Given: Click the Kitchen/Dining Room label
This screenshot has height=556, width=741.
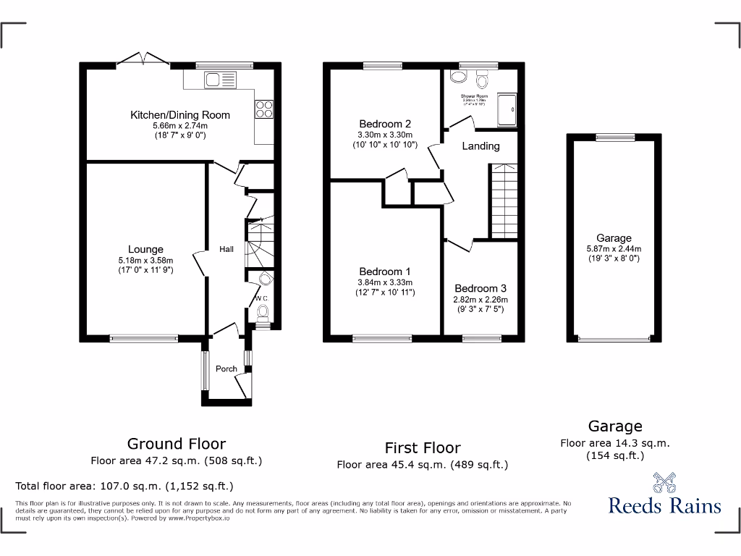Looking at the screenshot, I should pos(180,114).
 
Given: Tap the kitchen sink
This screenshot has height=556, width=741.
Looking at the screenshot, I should pos(220,80).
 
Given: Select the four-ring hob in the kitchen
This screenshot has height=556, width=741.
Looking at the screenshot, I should pos(264,109).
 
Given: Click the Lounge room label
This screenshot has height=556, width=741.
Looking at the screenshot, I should pos(145,250).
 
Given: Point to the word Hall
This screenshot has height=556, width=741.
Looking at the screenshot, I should pos(226,249).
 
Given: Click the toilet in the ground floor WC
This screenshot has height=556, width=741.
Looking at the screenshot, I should pos(263,313).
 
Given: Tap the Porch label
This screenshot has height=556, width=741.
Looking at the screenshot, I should pos(226,368).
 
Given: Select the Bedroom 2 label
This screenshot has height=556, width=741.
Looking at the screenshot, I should pos(385,124).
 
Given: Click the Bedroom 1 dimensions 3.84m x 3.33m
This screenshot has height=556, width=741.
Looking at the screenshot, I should pos(385,282).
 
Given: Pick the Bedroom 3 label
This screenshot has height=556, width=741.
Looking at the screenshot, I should pos(480,288).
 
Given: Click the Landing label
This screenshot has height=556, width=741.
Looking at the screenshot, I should pos(481,146).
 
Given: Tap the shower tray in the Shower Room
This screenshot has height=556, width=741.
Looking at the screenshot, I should pos(508,109).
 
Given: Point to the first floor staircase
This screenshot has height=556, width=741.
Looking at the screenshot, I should pos(505,201).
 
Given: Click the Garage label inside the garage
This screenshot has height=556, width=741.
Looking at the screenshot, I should pos(614,237).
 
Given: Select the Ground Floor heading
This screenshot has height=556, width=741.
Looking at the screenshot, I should pos(177,444).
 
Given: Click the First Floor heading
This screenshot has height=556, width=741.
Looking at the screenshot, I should pos(423,447).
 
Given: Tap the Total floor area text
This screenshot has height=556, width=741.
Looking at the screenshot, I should pos(124,486).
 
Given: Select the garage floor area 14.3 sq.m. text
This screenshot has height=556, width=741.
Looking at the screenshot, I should pos(615,443).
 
